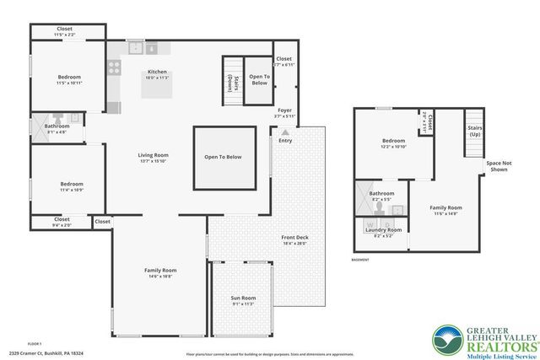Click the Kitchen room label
click(x=158, y=72)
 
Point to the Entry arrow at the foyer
click(x=284, y=132)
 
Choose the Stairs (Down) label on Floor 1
click(x=230, y=81)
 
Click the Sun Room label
click(x=243, y=298)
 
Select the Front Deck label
click(x=294, y=238)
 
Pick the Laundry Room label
click(x=382, y=229)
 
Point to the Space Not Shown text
click(x=498, y=166)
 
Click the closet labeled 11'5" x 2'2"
click(x=65, y=31)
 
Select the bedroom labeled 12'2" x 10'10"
click(x=393, y=142)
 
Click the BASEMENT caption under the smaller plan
click(x=360, y=260)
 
